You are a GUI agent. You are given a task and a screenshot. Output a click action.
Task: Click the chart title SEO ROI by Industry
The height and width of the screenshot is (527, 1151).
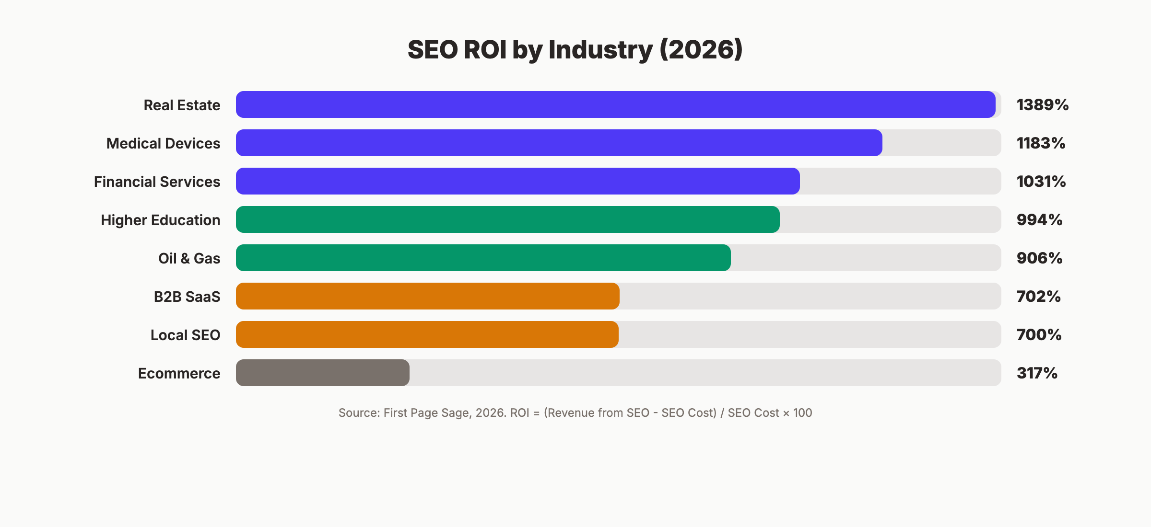pyautogui.click(x=575, y=50)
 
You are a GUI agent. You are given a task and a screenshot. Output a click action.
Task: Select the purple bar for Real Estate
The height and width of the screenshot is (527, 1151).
pyautogui.click(x=615, y=104)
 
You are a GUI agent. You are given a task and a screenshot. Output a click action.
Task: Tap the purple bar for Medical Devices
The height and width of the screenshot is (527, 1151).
pyautogui.click(x=559, y=143)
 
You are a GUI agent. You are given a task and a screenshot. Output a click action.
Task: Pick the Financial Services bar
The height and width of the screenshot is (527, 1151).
pyautogui.click(x=517, y=181)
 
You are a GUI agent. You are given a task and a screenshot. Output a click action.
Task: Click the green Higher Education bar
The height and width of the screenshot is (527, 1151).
pyautogui.click(x=507, y=219)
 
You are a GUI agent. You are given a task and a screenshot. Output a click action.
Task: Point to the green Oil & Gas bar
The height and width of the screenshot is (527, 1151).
pyautogui.click(x=483, y=258)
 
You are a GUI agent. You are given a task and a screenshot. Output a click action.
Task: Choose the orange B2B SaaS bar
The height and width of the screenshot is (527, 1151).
pyautogui.click(x=427, y=296)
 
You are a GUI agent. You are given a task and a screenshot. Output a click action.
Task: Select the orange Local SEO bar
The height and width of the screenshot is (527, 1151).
pyautogui.click(x=427, y=334)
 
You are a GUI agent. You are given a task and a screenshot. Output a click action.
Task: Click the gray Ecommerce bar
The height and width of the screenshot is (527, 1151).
pyautogui.click(x=322, y=373)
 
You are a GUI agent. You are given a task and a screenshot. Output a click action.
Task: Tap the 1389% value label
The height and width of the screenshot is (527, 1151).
pyautogui.click(x=1042, y=105)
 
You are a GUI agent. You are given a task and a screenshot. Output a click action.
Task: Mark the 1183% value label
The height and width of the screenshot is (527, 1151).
pyautogui.click(x=1041, y=143)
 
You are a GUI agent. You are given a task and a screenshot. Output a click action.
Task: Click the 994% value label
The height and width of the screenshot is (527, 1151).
pyautogui.click(x=1039, y=220)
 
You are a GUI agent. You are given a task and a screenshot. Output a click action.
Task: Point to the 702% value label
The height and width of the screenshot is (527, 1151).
pyautogui.click(x=1038, y=297)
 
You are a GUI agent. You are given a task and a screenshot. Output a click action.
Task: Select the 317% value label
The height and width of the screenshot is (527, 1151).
pyautogui.click(x=1037, y=373)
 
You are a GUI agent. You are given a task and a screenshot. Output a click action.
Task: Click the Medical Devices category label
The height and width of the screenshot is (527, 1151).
pyautogui.click(x=163, y=143)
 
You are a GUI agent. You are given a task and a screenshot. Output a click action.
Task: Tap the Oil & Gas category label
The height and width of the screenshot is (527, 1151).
pyautogui.click(x=189, y=258)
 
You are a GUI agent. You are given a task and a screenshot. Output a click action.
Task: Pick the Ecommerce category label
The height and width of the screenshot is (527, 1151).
pyautogui.click(x=179, y=373)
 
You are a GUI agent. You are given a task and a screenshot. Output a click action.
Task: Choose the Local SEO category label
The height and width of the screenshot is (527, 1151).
pyautogui.click(x=185, y=335)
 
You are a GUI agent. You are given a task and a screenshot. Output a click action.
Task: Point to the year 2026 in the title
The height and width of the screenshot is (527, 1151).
pyautogui.click(x=701, y=50)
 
